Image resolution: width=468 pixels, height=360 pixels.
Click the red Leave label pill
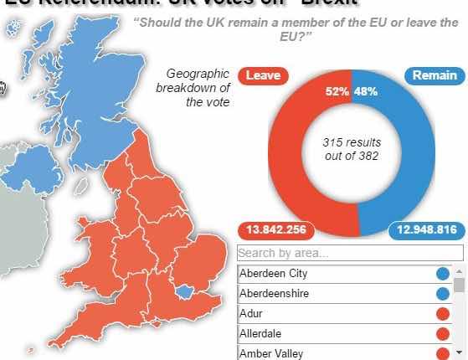click(264, 75)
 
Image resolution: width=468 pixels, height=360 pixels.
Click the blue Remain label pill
click(435, 75)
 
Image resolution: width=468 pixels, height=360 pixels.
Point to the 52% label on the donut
click(337, 91)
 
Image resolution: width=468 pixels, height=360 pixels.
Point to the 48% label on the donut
click(366, 91)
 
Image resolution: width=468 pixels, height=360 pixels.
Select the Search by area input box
click(350, 253)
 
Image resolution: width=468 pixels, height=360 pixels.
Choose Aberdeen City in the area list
click(274, 274)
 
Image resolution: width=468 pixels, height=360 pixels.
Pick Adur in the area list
click(250, 314)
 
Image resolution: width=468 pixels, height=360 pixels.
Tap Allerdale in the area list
click(262, 334)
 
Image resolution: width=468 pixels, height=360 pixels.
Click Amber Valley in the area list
click(271, 353)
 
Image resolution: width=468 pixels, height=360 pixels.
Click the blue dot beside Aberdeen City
click(443, 274)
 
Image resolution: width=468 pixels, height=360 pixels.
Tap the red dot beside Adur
click(443, 314)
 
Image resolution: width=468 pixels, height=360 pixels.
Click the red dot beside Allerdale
click(443, 334)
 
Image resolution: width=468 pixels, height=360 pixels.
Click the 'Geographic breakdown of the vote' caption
click(198, 88)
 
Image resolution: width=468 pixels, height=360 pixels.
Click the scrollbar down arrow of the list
click(460, 353)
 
